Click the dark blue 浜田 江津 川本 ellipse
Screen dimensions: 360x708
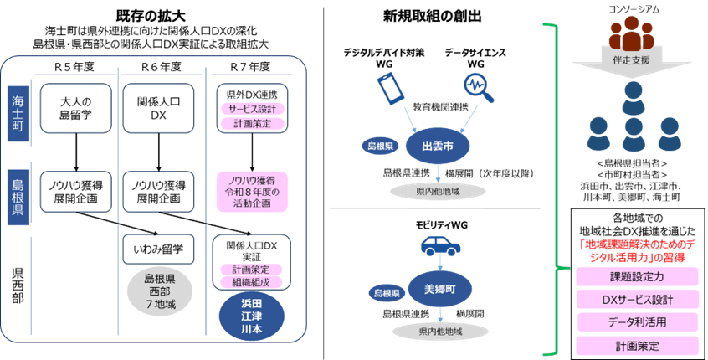click(252, 317)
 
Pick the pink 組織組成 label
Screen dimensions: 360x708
click(252, 282)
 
